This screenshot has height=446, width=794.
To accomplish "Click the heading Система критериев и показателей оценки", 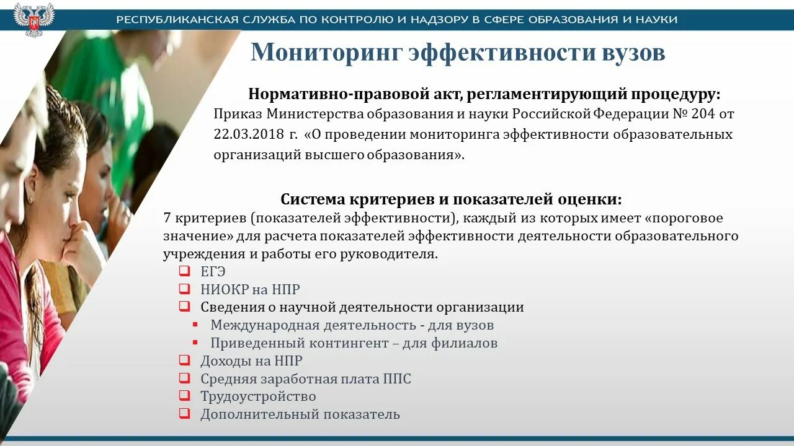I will pos(451,199).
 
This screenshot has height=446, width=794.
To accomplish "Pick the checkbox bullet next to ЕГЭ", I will pos(184,271).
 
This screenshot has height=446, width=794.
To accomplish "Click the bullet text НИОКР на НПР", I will pos(250,289).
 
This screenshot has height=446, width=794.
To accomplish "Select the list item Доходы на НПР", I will pos(251,361).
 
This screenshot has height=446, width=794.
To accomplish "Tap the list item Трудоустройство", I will pos(258,396).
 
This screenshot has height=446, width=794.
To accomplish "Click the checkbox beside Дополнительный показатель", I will pos(184,414).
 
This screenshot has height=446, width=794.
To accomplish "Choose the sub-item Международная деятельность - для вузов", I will pos(352,325).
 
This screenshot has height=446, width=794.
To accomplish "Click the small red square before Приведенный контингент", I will pos(195,343).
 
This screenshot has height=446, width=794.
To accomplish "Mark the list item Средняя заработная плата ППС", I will pos(305,378).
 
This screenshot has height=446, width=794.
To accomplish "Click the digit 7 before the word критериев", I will pos(167,218).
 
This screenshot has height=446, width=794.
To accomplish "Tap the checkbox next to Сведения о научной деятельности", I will pos(184,307).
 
